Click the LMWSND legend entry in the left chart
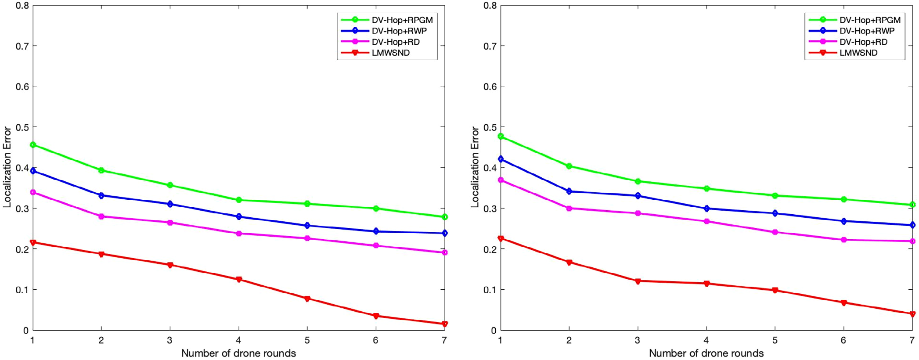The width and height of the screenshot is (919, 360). coord(390,53)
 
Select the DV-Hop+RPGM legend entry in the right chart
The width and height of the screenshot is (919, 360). coord(869,20)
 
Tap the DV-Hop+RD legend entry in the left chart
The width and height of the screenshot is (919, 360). coord(395,42)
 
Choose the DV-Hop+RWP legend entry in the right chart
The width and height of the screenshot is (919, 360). coord(866,31)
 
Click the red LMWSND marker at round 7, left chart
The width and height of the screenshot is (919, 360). coord(444,324)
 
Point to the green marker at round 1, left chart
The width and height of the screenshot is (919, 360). coord(33,145)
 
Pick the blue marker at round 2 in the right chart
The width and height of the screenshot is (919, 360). coord(569,191)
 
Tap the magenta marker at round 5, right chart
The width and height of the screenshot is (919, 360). coord(775,232)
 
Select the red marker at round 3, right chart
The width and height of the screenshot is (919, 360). coord(638,281)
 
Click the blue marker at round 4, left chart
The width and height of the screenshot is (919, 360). coord(239,217)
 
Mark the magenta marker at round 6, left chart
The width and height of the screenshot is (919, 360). coord(376,246)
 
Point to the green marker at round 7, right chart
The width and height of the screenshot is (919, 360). coord(912,205)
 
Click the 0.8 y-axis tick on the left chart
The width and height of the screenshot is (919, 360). coord(22,6)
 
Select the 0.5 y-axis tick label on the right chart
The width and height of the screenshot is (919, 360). coord(490,127)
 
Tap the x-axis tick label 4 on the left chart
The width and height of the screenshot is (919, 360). coord(238,340)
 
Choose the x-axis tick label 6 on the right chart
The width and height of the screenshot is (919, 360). coord(843,340)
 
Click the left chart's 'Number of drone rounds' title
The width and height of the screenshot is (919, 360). coord(238,353)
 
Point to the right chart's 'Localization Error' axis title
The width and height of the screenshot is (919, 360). coord(475,167)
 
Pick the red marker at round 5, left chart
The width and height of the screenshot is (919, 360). coord(307,299)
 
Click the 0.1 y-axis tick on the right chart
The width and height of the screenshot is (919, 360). coord(490,290)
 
